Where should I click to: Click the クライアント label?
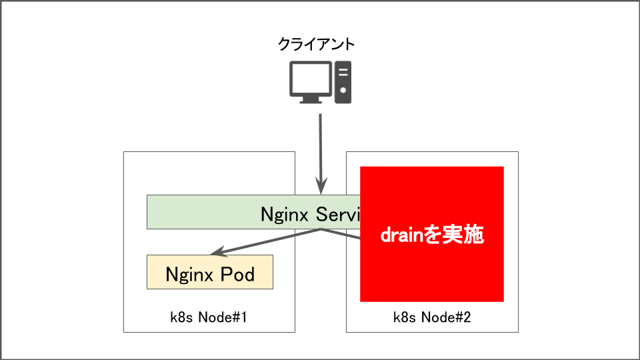tap(316, 45)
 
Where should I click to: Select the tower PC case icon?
tap(343, 82)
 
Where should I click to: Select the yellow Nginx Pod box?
tap(209, 272)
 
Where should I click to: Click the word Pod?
tap(238, 274)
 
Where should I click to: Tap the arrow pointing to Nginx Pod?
tap(267, 242)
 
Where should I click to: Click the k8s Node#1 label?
tap(209, 317)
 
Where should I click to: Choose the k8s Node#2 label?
tap(432, 317)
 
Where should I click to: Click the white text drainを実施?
tap(431, 235)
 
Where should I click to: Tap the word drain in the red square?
tap(402, 235)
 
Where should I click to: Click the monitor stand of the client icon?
tap(310, 99)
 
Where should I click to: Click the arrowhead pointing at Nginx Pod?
tap(216, 254)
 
